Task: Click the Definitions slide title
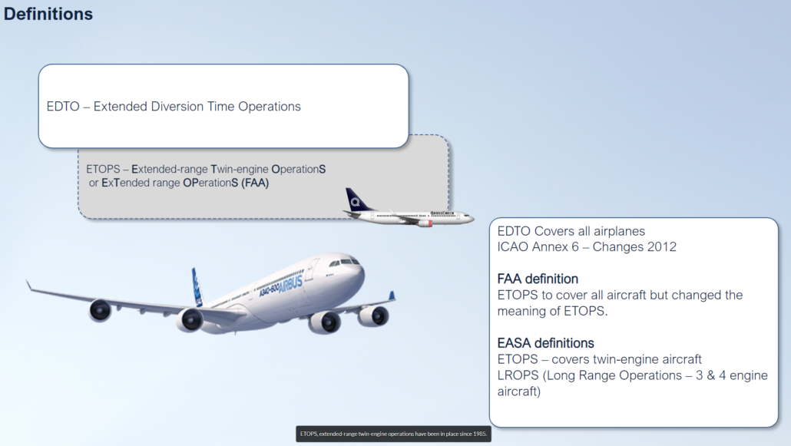click(48, 14)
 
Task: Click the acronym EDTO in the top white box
click(63, 107)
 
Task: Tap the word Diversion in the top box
click(177, 107)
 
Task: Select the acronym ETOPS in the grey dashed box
click(102, 168)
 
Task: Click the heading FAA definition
click(538, 279)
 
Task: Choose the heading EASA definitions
click(545, 343)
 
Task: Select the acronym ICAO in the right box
click(514, 246)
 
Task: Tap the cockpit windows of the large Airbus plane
click(349, 263)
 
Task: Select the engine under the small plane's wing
click(424, 223)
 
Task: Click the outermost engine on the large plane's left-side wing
click(100, 310)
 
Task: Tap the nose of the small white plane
click(471, 218)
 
